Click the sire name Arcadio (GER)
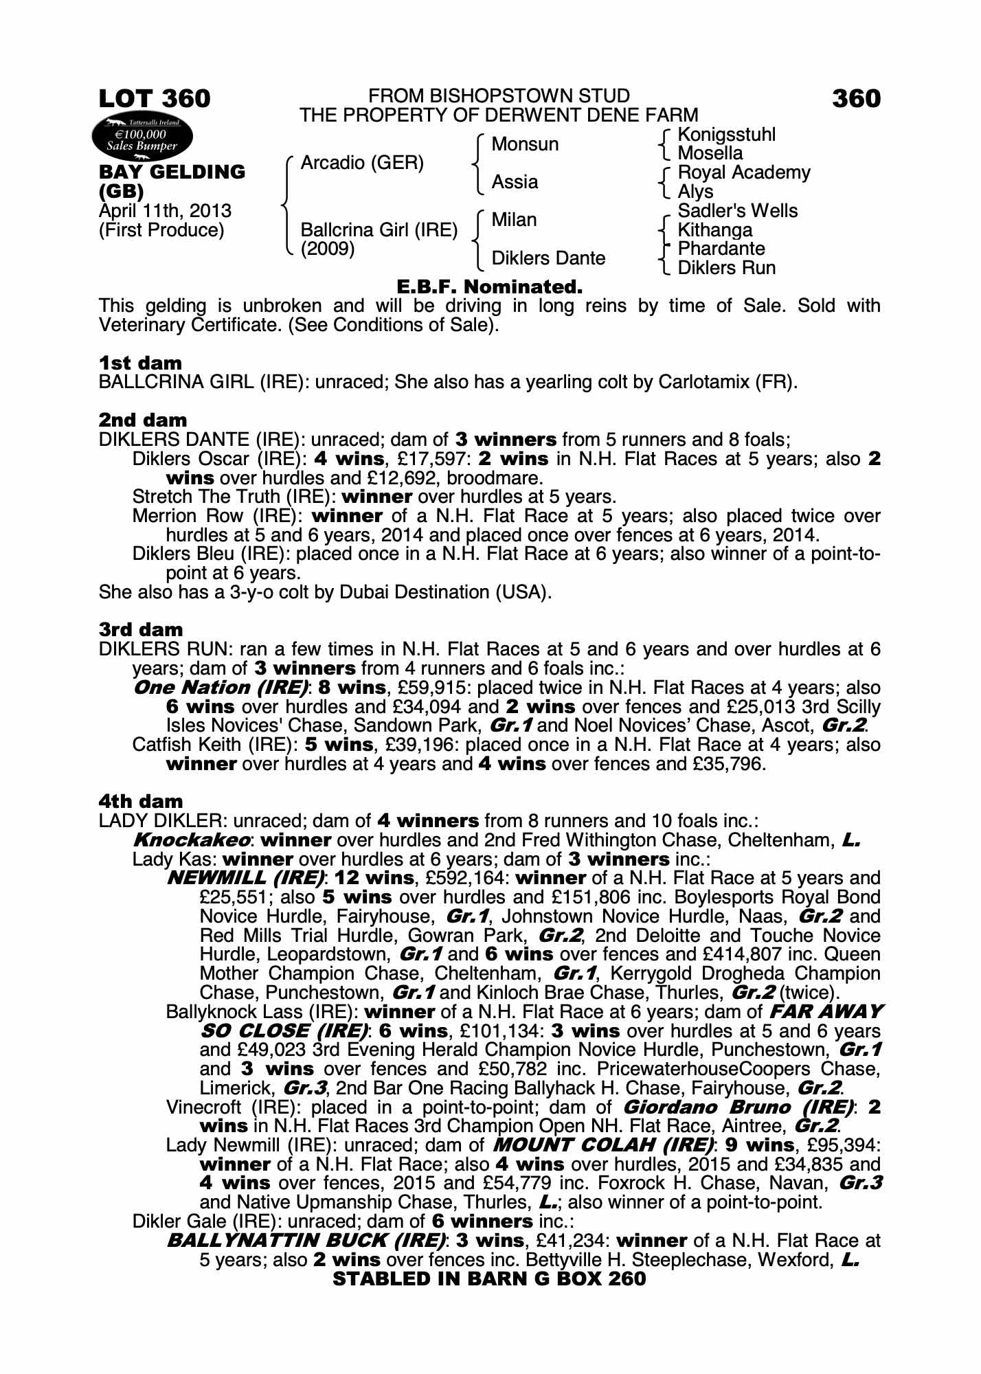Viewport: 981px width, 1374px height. tap(362, 164)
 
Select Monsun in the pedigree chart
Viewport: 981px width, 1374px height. tap(525, 144)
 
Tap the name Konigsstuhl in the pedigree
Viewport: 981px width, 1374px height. tap(726, 135)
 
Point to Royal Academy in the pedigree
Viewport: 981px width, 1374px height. tap(743, 172)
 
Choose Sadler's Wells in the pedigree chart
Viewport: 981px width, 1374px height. tap(737, 211)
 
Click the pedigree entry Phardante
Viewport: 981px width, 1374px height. tap(721, 249)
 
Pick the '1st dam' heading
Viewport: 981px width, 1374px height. tap(140, 363)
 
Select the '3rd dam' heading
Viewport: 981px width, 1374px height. tap(141, 630)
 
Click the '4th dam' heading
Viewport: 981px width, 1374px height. tap(141, 802)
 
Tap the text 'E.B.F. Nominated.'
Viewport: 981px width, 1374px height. tap(490, 287)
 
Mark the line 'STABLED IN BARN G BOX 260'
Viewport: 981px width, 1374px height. tap(489, 1279)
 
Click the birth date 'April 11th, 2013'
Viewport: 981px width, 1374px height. tap(165, 211)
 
